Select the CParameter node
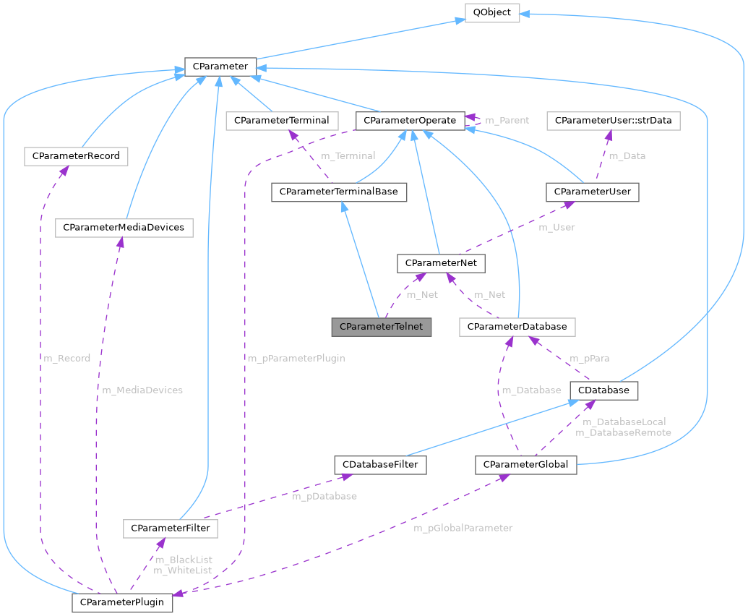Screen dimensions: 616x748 tap(218, 67)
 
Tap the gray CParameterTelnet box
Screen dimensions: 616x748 tap(382, 327)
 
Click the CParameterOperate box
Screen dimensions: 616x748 tap(410, 120)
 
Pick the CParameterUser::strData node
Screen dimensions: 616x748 tap(613, 120)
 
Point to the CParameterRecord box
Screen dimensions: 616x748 tap(76, 156)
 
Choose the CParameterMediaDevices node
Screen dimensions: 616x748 tap(124, 227)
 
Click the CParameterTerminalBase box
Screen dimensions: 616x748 tap(338, 192)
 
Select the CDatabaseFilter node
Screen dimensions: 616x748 tap(380, 464)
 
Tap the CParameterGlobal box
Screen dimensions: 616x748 tap(525, 464)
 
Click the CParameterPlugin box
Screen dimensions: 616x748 tap(122, 602)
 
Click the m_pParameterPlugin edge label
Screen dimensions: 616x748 tap(296, 359)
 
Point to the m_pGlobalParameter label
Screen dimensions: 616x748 tap(463, 528)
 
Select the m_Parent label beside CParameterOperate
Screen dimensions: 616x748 tap(507, 120)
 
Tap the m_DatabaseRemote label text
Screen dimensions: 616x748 tap(623, 432)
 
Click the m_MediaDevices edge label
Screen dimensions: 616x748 tap(142, 390)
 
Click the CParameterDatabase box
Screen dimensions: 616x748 tap(517, 327)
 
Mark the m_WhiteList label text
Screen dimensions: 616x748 tap(182, 570)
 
